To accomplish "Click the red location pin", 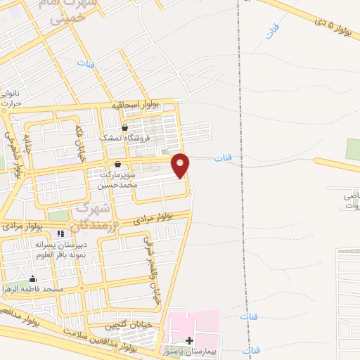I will pos(181,165).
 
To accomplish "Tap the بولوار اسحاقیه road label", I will pos(135,104).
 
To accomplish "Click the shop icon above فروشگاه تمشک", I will pos(124,128).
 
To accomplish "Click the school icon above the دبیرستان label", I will pos(61,233).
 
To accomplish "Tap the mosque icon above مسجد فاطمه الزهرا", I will pos(32,278).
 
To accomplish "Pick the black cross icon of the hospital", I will pos(188,340).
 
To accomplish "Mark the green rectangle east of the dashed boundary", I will pos(353,149).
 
